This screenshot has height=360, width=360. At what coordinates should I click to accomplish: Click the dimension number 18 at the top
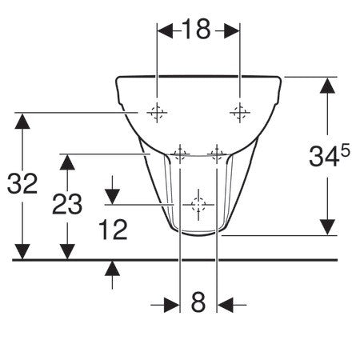[196, 29]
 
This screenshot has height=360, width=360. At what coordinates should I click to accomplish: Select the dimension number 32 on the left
[22, 183]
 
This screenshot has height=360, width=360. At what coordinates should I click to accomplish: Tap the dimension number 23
[67, 204]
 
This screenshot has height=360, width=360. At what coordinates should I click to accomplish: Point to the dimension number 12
[113, 230]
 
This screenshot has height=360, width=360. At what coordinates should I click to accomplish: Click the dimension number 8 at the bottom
[198, 302]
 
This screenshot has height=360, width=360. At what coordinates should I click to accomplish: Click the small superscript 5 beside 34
[345, 151]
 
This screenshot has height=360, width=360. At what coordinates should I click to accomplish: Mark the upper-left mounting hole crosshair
[157, 113]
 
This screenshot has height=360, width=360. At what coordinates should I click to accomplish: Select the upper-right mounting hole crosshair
[240, 113]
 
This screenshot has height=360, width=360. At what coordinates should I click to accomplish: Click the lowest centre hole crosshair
[198, 205]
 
